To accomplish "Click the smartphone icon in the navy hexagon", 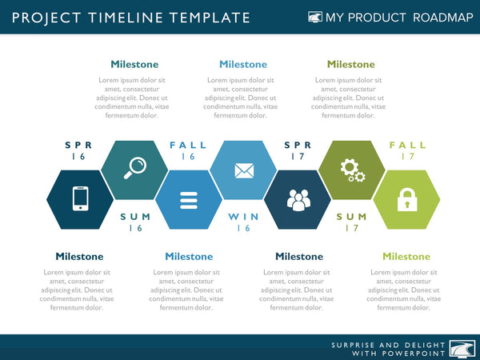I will [79, 199].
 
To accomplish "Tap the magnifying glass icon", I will [134, 167].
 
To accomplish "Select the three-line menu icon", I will [189, 199].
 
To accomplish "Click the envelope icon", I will [242, 170].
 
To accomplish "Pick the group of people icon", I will [298, 200].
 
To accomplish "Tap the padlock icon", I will [406, 199].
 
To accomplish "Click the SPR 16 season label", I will [78, 151].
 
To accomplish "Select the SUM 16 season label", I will [134, 222].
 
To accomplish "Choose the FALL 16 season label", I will [188, 151].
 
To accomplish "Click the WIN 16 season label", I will [243, 222].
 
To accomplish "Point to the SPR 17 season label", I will [298, 151].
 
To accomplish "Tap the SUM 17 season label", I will [352, 222].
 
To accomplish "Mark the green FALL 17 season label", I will [408, 151].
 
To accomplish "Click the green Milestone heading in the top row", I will [350, 64].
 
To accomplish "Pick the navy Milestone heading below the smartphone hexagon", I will [79, 257].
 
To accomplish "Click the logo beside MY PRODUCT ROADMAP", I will [314, 18].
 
